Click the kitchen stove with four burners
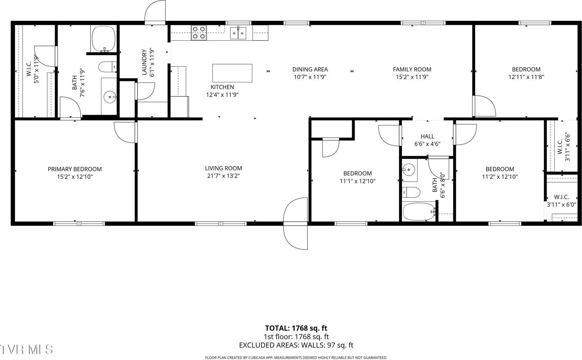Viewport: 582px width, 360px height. (199, 33)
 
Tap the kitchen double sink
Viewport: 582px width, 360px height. (238, 33)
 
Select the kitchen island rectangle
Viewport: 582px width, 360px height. (232, 73)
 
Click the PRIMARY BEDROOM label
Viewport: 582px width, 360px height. (74, 169)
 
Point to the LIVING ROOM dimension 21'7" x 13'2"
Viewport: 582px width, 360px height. (224, 176)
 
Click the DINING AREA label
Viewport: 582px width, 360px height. (310, 69)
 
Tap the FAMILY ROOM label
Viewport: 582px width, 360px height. (412, 69)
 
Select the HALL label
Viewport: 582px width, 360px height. (427, 136)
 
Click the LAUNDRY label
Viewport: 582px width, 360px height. (144, 62)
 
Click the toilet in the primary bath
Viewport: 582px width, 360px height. (107, 67)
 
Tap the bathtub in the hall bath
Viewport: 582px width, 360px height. (419, 212)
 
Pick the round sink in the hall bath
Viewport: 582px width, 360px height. (409, 170)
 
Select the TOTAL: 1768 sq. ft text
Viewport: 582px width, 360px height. (296, 328)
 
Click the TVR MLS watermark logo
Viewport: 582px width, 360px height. (26, 349)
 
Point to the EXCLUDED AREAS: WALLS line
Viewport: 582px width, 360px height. (296, 345)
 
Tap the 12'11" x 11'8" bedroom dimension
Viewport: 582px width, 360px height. (526, 77)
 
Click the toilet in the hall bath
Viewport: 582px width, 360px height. (411, 192)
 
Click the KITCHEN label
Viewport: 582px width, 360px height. (222, 87)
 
